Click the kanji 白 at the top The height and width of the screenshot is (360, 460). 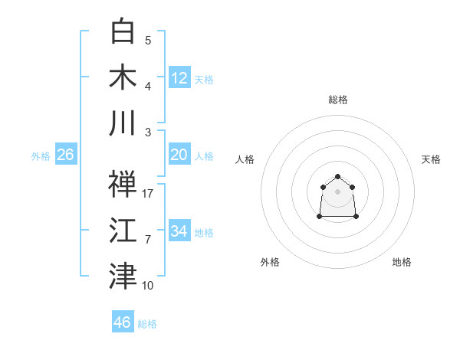pos(123,31)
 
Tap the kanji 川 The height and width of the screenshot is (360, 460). pos(123,123)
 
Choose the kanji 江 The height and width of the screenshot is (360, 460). pos(123,230)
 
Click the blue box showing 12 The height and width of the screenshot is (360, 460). pos(179,78)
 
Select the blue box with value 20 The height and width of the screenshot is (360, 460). pos(179,155)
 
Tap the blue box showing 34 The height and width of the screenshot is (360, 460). pos(179,231)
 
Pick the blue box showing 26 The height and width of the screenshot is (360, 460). pos(65,155)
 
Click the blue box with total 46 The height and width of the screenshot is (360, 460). pos(123,322)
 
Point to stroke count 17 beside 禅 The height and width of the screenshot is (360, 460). pos(149,193)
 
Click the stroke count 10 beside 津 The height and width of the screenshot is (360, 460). pos(148,286)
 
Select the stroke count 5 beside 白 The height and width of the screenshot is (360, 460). pos(148,40)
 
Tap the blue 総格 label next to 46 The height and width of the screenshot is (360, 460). pos(147,324)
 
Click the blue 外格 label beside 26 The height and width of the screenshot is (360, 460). pos(41,156)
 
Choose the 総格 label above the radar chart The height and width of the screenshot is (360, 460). pos(337,100)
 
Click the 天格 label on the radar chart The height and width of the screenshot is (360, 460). pos(431,159)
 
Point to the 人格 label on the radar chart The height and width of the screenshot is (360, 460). pos(245,159)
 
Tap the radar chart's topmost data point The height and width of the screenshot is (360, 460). pos(337,177)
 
